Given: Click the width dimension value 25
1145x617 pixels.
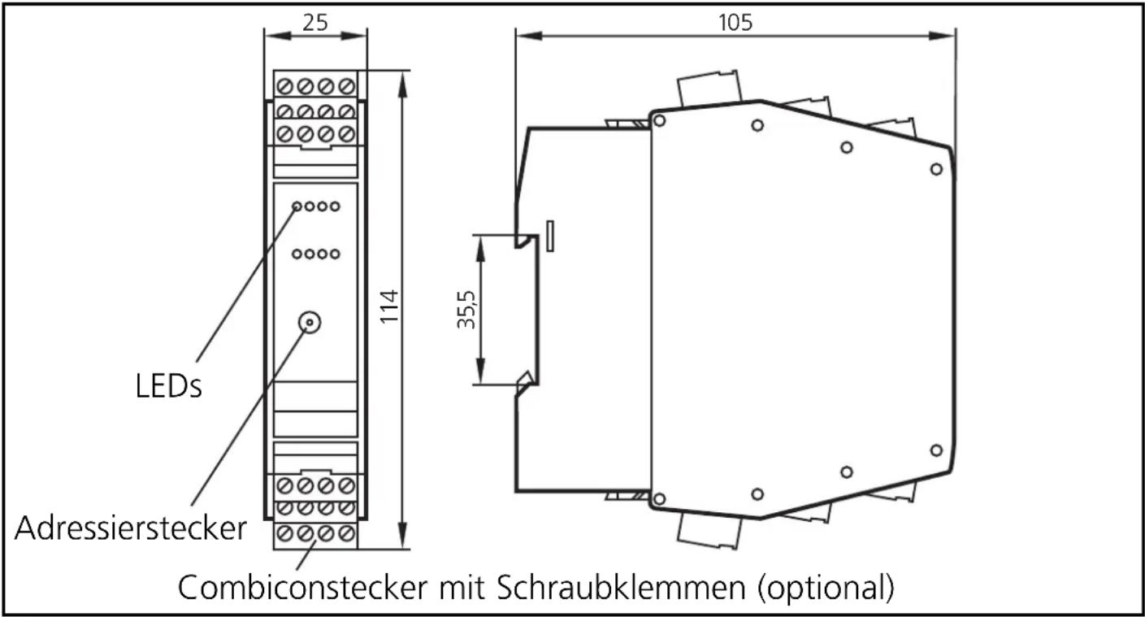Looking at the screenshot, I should (315, 22).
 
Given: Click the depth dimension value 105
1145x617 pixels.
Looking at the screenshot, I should (735, 22).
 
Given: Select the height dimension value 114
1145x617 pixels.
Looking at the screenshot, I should (390, 307).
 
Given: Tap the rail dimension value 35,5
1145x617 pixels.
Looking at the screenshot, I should (466, 310).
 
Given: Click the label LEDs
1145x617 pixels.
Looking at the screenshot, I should (168, 387).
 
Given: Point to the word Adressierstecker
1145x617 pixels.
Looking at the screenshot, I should (130, 529).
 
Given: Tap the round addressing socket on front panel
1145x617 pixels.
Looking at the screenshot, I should (309, 322).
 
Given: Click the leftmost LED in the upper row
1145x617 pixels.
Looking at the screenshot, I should (297, 206).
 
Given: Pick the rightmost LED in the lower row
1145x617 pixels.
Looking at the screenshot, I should (334, 254).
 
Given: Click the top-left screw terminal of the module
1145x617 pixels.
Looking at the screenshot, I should (285, 85).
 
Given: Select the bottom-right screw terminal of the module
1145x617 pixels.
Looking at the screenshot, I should (346, 535).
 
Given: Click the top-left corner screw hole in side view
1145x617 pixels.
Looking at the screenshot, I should (659, 121).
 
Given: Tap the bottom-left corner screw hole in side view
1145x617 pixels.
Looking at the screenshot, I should (659, 498).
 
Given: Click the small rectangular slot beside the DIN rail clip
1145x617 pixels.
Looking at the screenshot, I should (551, 236).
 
